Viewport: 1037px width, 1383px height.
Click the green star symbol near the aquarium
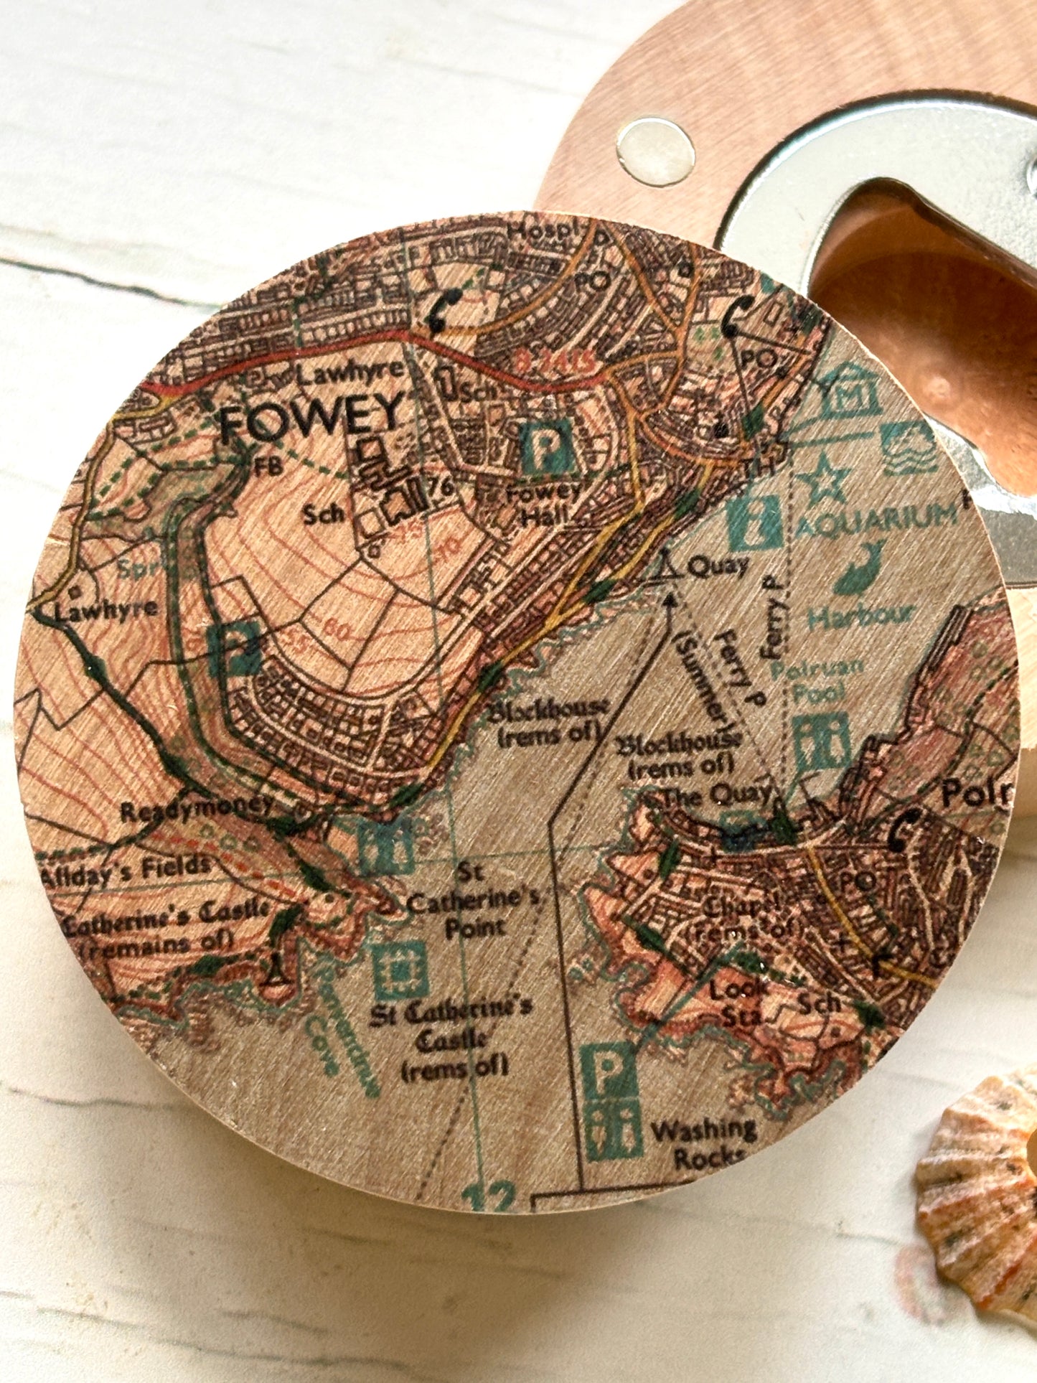[x=823, y=474]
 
